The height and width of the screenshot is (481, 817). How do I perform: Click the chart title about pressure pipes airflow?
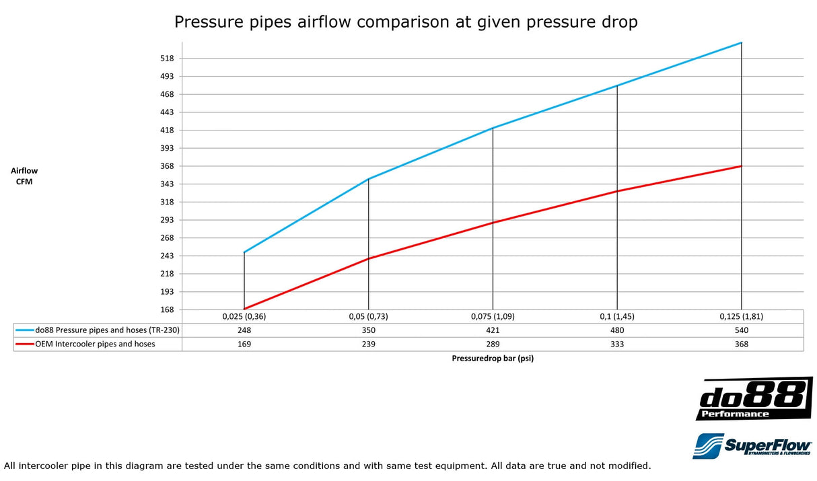[x=406, y=22]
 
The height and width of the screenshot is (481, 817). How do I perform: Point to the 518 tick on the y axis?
[x=167, y=59]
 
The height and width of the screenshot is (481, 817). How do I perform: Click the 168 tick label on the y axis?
[x=167, y=310]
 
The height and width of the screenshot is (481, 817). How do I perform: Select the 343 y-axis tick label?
[x=167, y=184]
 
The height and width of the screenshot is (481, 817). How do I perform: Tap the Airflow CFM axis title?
[x=24, y=176]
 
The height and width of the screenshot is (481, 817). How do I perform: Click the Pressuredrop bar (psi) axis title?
[x=493, y=359]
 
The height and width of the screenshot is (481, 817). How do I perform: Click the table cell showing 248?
[x=244, y=330]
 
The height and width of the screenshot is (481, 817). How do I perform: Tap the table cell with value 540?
[x=742, y=330]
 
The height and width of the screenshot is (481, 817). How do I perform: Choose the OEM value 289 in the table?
[x=493, y=344]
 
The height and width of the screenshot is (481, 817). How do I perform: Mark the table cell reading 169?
[x=244, y=344]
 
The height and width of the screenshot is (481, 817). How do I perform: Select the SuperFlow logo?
[x=752, y=445]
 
